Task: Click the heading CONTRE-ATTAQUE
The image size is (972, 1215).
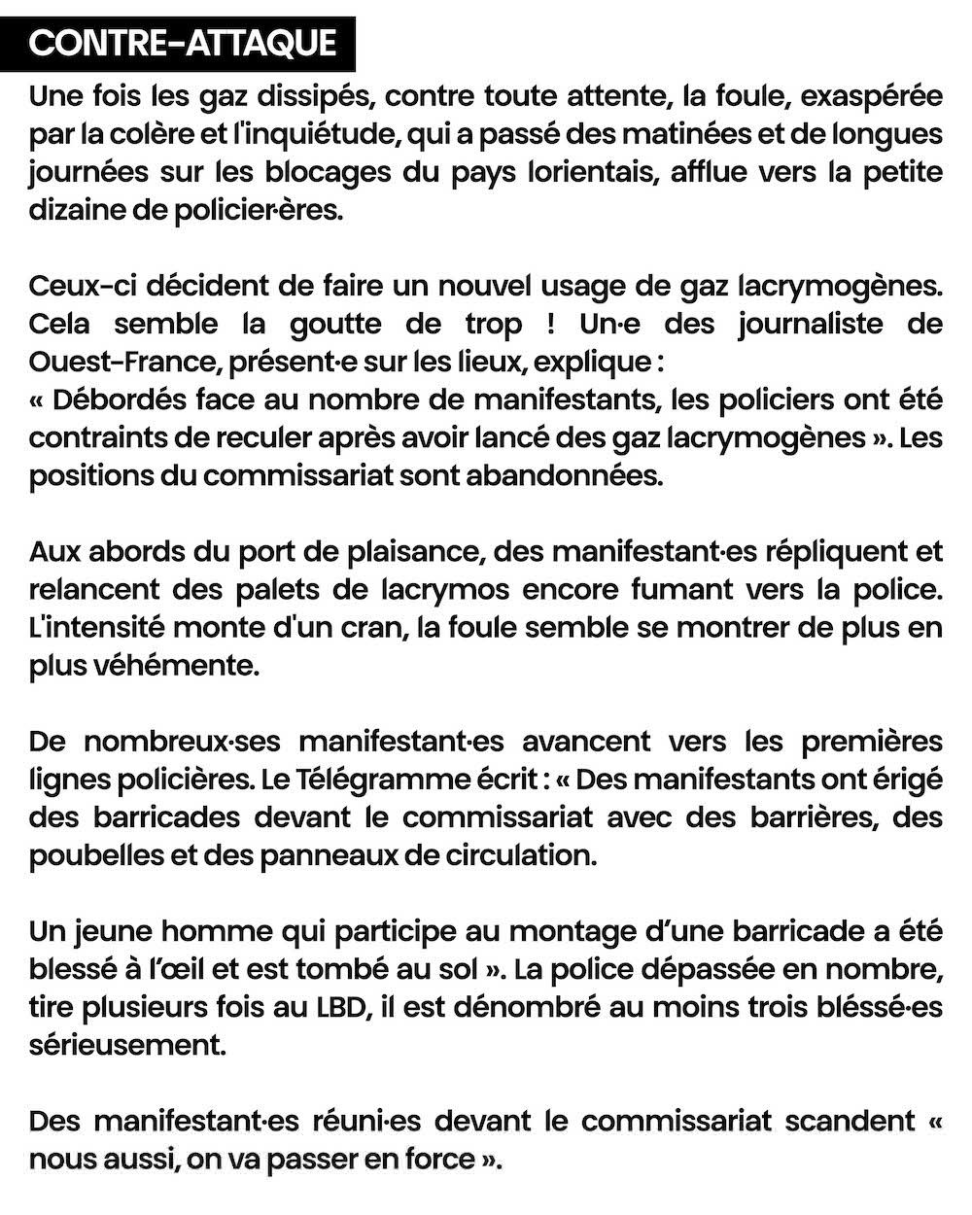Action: (182, 44)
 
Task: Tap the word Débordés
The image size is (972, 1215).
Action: (115, 399)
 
